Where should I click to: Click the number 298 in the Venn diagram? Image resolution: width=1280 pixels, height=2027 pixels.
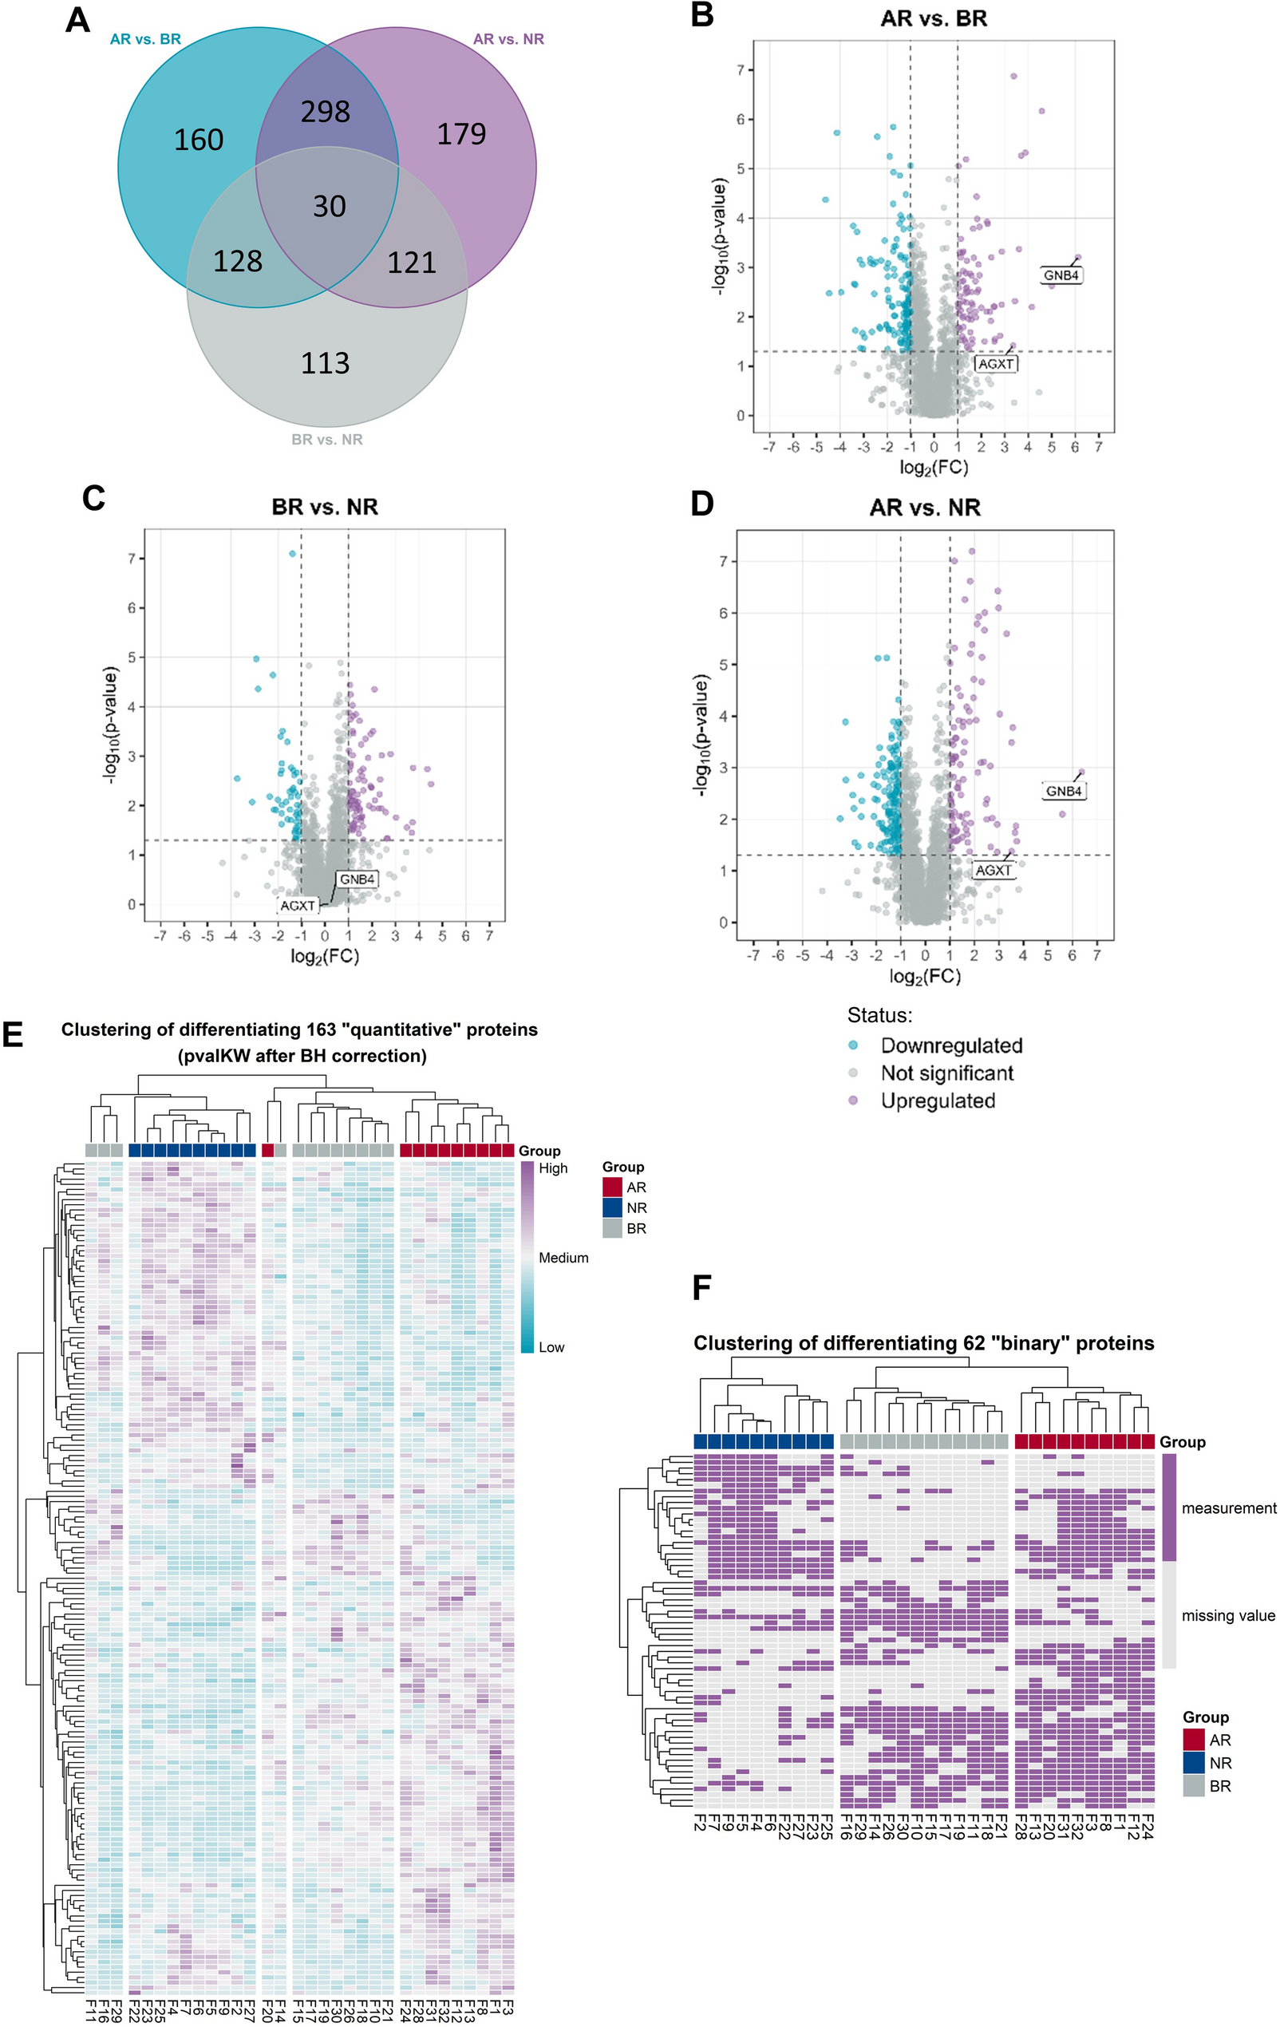tap(326, 112)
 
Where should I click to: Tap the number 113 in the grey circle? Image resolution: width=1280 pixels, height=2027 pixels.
tap(325, 364)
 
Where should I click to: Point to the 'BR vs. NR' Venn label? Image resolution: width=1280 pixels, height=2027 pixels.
tap(326, 440)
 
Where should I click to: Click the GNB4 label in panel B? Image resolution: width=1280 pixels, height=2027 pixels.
tap(1061, 275)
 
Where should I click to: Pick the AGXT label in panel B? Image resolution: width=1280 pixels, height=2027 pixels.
tap(996, 364)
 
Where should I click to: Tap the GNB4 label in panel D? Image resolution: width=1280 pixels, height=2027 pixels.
tap(1064, 792)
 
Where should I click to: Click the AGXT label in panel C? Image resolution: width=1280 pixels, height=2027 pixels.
tap(298, 906)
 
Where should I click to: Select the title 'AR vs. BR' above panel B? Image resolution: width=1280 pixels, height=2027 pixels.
tap(934, 18)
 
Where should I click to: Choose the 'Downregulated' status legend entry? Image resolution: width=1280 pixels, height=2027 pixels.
tap(951, 1045)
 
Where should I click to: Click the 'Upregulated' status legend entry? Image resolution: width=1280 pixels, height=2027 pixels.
tap(938, 1101)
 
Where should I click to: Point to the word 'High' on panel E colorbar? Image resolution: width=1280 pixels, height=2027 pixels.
tap(553, 1168)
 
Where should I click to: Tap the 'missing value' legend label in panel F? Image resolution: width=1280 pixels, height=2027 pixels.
tap(1228, 1615)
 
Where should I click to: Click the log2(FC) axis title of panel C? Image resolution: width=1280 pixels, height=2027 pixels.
tap(324, 956)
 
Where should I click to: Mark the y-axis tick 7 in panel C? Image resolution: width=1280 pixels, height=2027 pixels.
tap(132, 559)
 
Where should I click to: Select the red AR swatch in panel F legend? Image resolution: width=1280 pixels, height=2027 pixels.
tap(1193, 1740)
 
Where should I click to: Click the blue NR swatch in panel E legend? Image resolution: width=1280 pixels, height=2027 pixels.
tap(612, 1208)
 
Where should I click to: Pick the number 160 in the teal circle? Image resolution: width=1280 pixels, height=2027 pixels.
tap(199, 140)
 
